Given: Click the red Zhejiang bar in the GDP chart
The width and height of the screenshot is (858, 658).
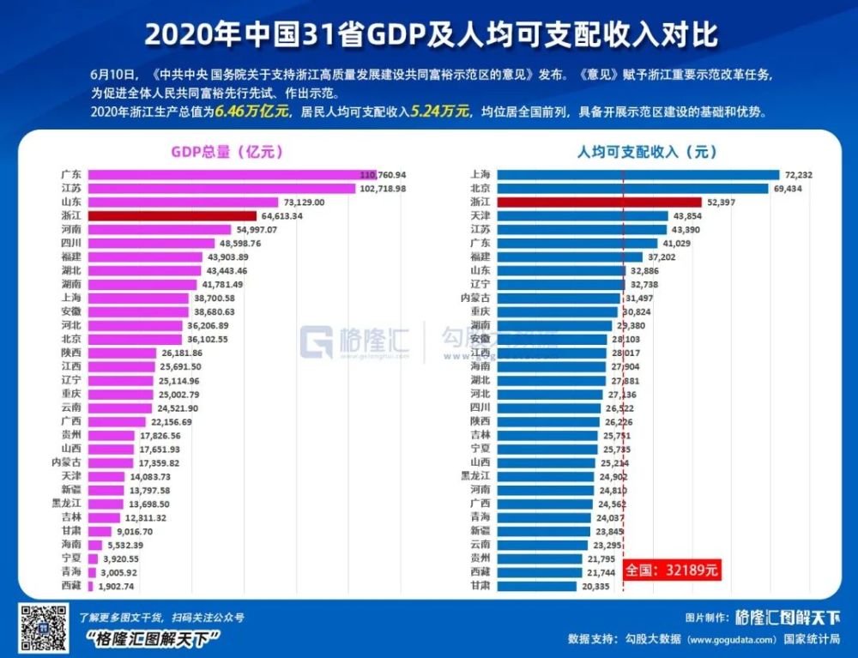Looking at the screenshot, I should point(172,216).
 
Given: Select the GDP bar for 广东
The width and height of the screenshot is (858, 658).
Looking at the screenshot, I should point(223,174).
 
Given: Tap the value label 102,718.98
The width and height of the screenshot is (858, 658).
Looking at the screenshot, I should point(383,188).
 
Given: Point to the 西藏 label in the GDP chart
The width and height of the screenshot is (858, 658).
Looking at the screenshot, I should point(72,586).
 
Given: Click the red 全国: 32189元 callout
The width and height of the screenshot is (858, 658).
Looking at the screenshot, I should point(669,570).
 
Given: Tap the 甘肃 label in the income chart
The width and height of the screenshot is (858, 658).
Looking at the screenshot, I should point(480,586).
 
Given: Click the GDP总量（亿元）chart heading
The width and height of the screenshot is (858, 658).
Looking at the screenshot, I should point(227,152).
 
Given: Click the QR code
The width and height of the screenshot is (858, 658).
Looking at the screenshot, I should point(44,627).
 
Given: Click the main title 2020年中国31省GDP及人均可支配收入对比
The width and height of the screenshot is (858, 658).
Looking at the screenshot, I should point(429,34).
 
